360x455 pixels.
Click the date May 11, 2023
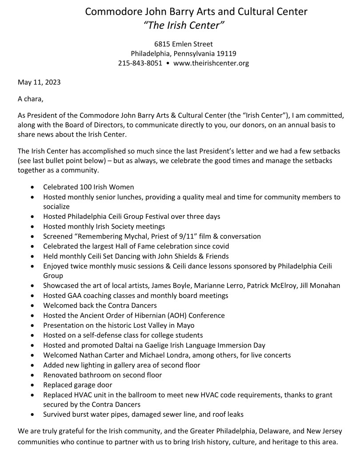point(39,82)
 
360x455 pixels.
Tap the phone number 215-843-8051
point(140,63)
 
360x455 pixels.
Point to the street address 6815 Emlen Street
point(184,44)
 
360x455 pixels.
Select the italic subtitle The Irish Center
point(184,26)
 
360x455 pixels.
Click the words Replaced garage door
point(78,385)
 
